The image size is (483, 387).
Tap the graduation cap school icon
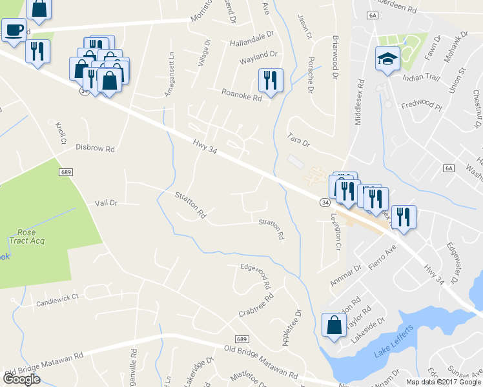(387, 59)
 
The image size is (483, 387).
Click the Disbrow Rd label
(95, 148)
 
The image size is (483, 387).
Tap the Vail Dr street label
(106, 203)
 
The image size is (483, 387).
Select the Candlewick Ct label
(57, 298)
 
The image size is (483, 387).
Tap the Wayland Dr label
(258, 57)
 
